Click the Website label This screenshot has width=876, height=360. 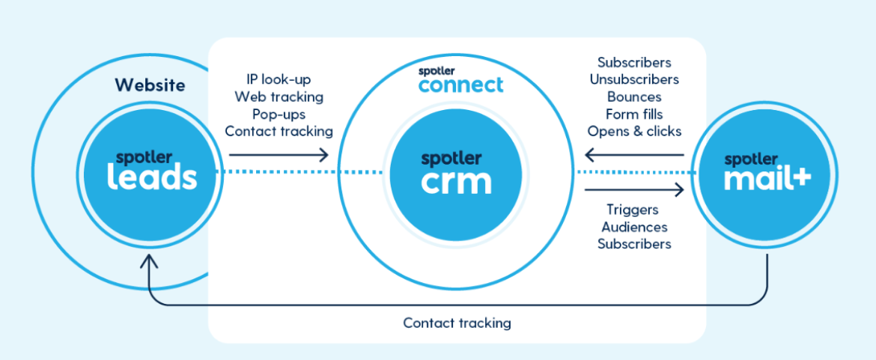point(150,85)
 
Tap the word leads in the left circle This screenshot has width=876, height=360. point(152,177)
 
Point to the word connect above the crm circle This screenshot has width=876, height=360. point(461,85)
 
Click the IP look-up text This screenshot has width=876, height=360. point(279,79)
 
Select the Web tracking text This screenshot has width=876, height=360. point(279,97)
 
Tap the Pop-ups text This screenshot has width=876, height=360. point(279,114)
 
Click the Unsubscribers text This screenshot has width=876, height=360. point(634,79)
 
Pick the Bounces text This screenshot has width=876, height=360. point(634,97)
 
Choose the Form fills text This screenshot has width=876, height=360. point(634,115)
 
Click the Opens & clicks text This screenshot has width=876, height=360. point(634,132)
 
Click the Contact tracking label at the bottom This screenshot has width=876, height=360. point(457,323)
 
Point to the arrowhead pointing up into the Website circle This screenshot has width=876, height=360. point(150,261)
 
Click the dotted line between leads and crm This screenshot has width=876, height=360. point(299,173)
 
